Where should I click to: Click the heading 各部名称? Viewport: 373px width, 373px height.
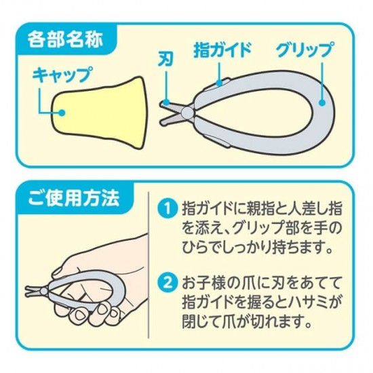click(x=65, y=39)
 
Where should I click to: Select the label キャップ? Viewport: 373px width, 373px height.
click(x=62, y=74)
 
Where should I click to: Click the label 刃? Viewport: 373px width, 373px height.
click(x=165, y=60)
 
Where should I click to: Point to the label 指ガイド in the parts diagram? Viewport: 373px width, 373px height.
click(x=222, y=50)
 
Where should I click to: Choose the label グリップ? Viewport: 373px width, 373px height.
click(x=305, y=50)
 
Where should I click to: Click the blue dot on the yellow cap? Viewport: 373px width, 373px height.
click(x=62, y=113)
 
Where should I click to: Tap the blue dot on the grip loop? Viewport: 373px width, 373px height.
click(x=322, y=103)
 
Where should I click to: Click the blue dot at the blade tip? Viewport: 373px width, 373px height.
click(x=167, y=103)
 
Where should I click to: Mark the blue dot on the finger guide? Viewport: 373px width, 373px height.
click(x=219, y=83)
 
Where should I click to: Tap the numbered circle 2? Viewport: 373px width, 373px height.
click(x=168, y=283)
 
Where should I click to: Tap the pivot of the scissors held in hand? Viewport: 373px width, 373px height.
click(x=43, y=291)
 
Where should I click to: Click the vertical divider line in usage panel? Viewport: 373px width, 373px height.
click(x=149, y=264)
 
